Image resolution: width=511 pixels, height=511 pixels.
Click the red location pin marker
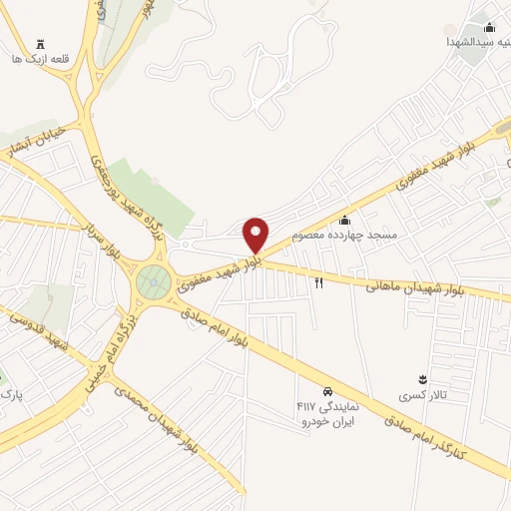(256, 236)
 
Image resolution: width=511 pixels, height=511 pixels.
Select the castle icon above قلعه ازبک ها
(40, 44)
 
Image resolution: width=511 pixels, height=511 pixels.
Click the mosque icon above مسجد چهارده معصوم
(345, 220)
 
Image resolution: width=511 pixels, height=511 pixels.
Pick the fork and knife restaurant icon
(319, 283)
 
